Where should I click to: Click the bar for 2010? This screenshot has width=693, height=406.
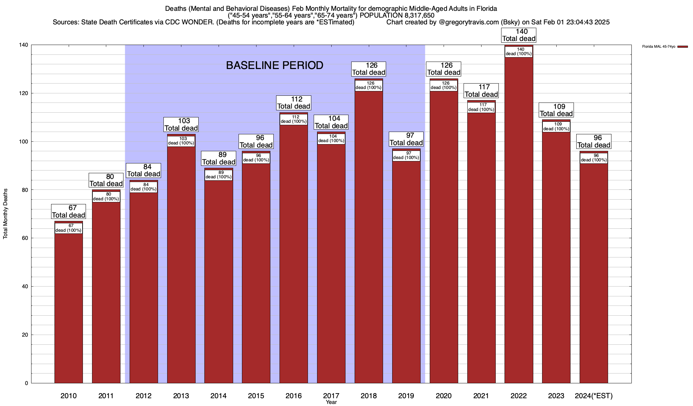pos(68,304)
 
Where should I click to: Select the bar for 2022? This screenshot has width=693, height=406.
pos(518,220)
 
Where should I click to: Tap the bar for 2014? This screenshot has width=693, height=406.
pos(219,277)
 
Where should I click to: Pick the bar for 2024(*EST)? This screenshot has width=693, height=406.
pos(594,271)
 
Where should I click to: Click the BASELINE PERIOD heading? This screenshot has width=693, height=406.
pos(274,65)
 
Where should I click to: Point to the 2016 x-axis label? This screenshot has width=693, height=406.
pos(293,396)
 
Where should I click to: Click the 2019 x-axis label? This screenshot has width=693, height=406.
pos(406,396)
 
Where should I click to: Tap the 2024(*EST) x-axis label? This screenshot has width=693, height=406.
pos(594,396)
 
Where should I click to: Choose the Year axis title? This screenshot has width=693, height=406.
pos(331,402)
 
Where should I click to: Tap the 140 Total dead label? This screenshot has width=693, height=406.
pos(518,35)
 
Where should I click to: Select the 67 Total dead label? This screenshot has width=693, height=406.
pos(68,211)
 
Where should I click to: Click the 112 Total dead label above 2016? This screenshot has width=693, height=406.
pos(293,103)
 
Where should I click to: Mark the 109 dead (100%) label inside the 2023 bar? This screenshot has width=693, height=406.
pos(556,127)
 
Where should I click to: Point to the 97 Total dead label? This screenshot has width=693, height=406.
pos(406,139)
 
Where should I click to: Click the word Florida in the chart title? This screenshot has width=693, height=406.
pos(486,8)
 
